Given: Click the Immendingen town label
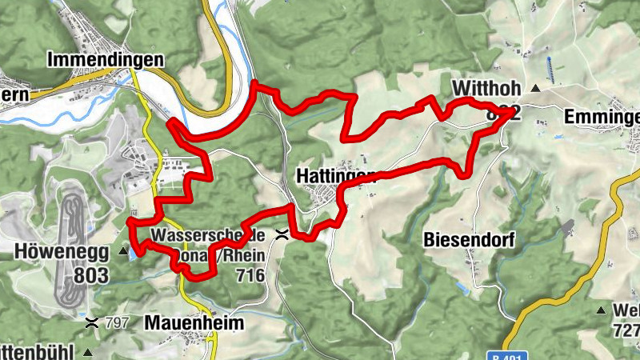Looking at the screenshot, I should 106,60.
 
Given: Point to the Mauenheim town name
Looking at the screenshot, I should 194,322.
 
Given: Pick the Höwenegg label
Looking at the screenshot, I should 60,251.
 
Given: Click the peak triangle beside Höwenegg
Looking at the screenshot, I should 122,251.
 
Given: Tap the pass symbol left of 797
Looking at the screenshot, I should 93,322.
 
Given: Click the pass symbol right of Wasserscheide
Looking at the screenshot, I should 282,234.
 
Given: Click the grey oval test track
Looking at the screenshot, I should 71,248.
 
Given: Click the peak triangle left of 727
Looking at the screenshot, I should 601,309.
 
